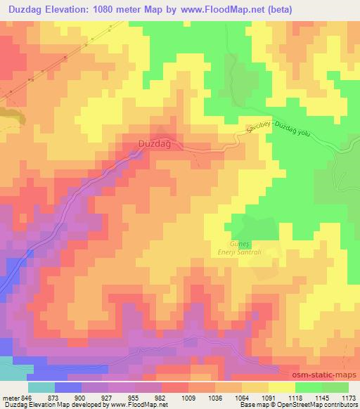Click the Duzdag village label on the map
pyautogui.click(x=155, y=143)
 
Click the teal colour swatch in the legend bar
pyautogui.click(x=41, y=387)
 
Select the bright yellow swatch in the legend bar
pyautogui.click(x=281, y=387)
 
